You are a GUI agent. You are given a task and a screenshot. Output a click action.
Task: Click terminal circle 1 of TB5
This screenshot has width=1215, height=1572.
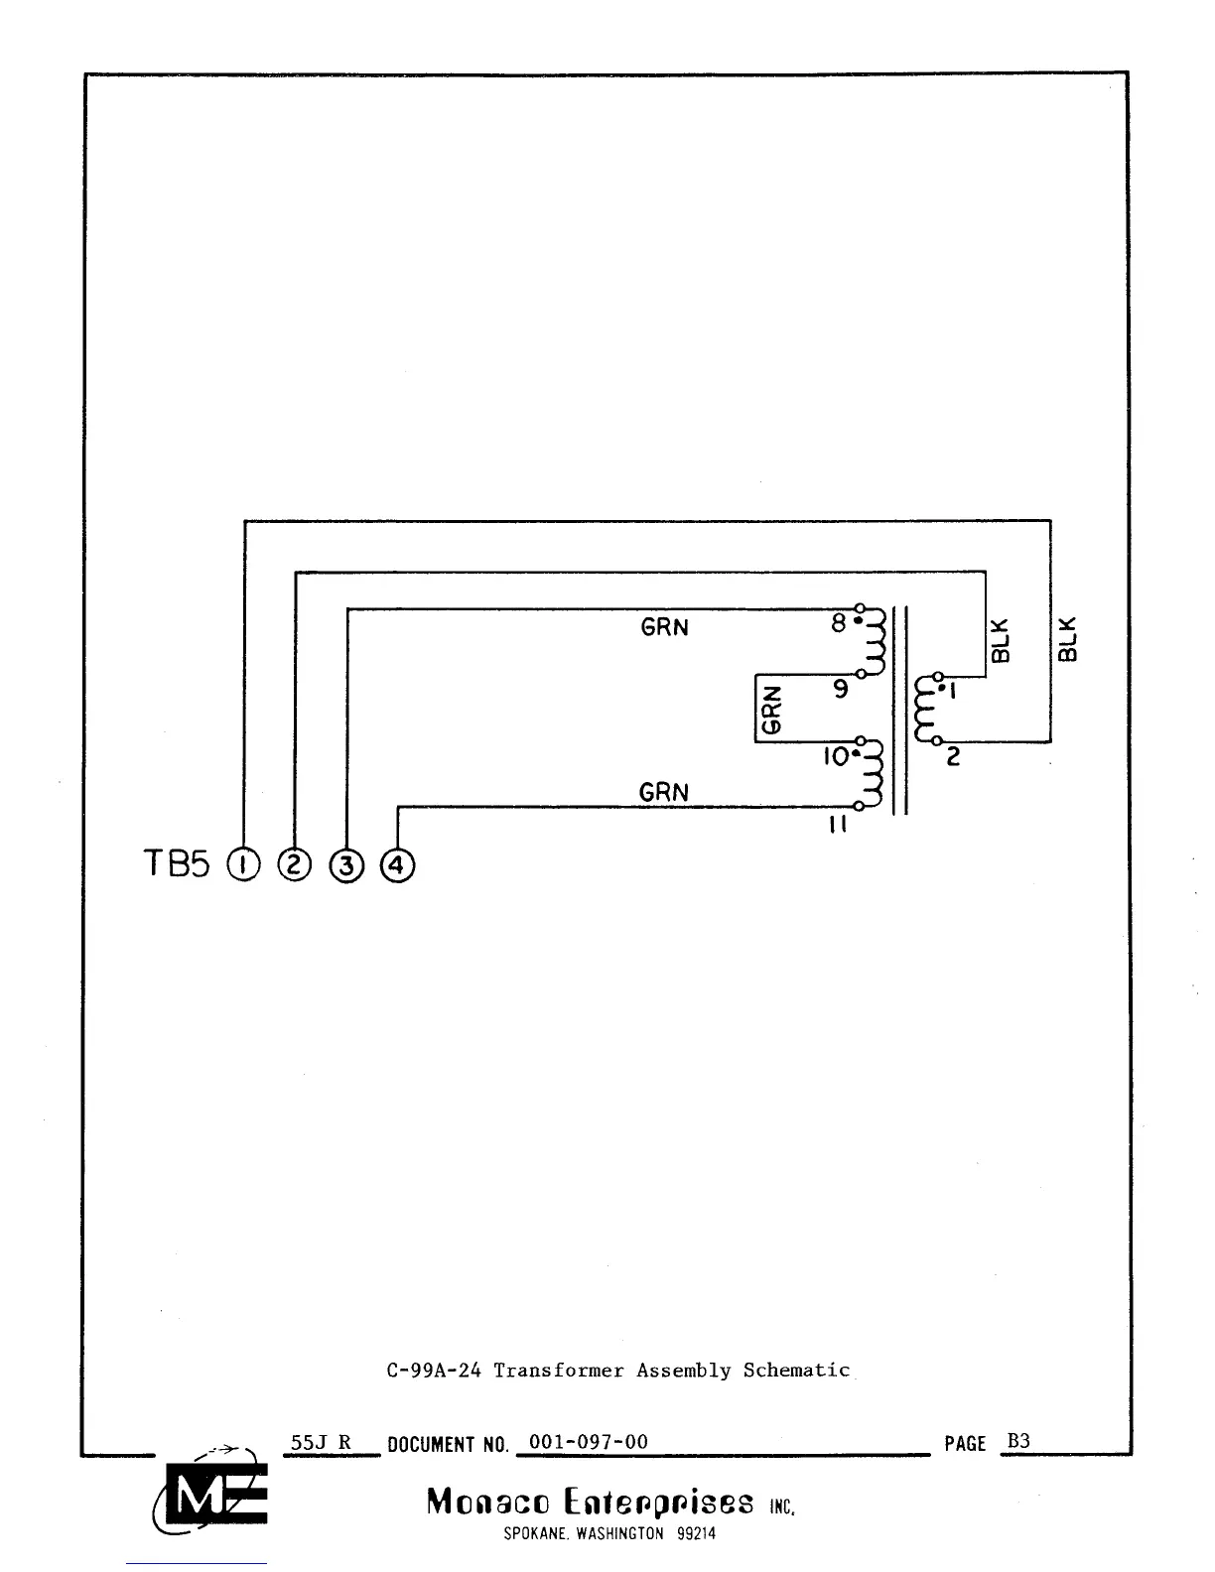[243, 865]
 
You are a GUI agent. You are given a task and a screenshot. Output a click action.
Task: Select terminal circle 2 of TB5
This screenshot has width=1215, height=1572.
[295, 865]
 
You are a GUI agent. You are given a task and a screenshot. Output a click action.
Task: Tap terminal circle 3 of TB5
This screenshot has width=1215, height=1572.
[346, 866]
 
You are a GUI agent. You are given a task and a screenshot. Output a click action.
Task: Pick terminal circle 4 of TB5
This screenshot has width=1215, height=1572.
[397, 866]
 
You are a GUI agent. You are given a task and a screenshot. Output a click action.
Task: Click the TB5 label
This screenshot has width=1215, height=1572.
[178, 865]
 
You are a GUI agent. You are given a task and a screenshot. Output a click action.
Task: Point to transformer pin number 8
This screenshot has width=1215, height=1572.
[838, 623]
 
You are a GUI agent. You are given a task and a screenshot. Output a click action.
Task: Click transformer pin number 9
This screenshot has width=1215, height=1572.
[841, 688]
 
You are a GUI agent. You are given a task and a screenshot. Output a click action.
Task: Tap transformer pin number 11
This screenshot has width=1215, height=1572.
[837, 825]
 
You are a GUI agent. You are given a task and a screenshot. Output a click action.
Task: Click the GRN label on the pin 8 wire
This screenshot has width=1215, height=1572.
[664, 628]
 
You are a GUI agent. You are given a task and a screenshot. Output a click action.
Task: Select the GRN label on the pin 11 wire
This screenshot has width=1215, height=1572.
[663, 792]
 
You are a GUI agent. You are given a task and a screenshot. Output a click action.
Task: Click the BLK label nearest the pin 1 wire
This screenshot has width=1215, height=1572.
[1001, 640]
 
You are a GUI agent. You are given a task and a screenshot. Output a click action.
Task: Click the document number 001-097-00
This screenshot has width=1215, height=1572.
[589, 1442]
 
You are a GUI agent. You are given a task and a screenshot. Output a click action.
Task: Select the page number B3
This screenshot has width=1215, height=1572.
[1018, 1441]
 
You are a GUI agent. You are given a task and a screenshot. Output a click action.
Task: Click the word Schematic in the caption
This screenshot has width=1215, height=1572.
[796, 1371]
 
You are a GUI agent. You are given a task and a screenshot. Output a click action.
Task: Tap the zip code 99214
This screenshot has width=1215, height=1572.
[696, 1533]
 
